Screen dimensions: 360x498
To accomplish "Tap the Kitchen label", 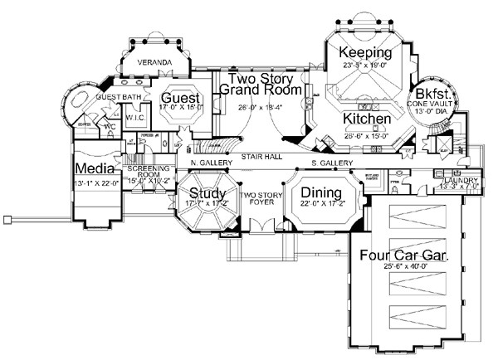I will (366, 119).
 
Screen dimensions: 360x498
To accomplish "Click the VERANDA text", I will (154, 63).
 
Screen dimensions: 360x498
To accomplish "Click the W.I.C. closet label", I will (137, 117).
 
